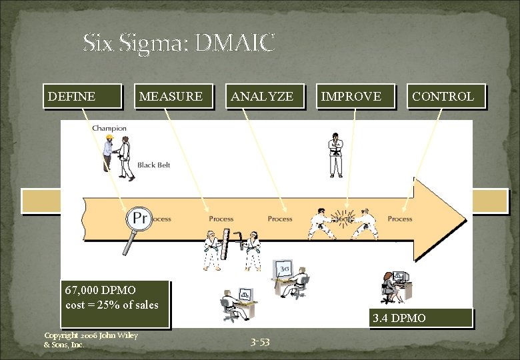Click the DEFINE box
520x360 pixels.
(82, 96)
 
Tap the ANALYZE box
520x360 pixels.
(264, 96)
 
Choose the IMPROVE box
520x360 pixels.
(355, 96)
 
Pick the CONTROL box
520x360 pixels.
(445, 96)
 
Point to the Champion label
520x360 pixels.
(109, 128)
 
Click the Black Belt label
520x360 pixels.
(154, 165)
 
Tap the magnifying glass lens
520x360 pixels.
(139, 219)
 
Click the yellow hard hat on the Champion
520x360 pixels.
(109, 139)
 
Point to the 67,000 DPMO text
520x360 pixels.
(101, 291)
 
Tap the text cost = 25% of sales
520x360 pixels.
(112, 305)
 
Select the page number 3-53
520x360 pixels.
(260, 342)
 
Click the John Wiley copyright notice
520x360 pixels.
(91, 340)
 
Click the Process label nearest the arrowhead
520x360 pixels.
(400, 219)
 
